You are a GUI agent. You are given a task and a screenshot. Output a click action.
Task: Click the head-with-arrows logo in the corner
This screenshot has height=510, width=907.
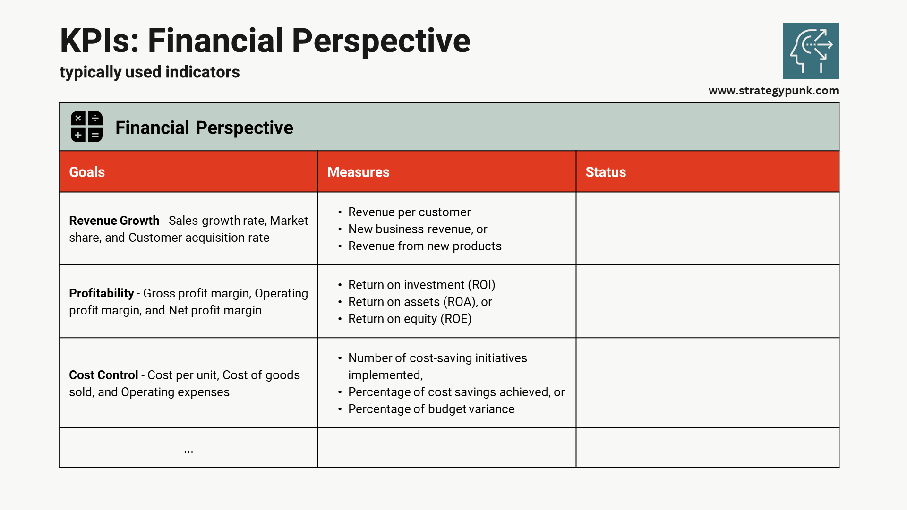tap(811, 51)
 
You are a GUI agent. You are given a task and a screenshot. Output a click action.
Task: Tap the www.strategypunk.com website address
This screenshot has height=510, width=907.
tap(773, 91)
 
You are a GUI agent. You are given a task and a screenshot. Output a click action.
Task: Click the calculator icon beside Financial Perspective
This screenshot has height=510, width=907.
tap(86, 127)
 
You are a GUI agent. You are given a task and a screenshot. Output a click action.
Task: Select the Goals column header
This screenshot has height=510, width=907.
tap(87, 172)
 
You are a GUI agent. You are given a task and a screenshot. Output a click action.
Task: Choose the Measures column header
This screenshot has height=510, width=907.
tap(358, 172)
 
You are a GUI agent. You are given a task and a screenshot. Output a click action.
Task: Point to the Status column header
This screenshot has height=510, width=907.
tap(606, 172)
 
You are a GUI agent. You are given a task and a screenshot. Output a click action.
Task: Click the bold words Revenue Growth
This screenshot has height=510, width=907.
tap(114, 221)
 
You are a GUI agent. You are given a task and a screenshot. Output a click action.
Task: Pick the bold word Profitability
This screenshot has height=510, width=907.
tap(102, 293)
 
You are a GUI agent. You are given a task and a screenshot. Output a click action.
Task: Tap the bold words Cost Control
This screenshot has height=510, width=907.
tap(103, 375)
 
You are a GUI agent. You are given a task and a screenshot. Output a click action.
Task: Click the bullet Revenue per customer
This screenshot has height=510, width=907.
tap(409, 212)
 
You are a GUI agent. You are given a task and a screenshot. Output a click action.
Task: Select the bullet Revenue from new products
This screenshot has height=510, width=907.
tap(424, 246)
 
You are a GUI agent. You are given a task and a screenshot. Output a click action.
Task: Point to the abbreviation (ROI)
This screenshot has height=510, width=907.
tap(481, 285)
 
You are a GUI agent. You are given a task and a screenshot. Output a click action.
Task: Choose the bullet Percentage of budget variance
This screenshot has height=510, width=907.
tap(431, 409)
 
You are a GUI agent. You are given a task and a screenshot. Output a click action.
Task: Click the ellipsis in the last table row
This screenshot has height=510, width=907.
tap(188, 450)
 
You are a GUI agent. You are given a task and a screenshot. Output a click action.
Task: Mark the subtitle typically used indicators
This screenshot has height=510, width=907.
tap(149, 72)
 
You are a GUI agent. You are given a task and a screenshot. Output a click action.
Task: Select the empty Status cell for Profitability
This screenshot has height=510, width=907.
tap(707, 301)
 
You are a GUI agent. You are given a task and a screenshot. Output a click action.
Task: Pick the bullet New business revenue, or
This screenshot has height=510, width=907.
tap(417, 229)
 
